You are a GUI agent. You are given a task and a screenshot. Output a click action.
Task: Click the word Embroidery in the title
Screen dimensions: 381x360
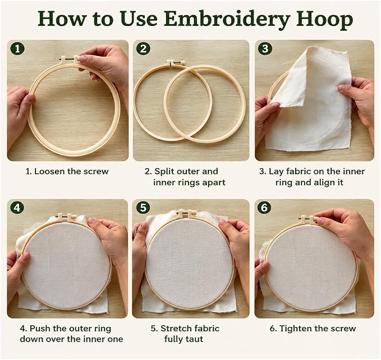(x=227, y=20)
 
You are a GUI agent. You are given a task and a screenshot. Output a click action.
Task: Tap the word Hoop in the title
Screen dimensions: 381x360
(x=325, y=20)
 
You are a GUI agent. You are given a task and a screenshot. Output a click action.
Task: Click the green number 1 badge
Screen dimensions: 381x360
(x=17, y=49)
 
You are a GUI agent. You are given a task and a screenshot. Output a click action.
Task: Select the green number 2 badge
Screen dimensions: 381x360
(x=143, y=49)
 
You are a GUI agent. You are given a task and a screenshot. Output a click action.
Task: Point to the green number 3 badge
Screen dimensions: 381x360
(x=265, y=49)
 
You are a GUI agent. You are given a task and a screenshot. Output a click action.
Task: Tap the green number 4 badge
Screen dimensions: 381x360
(x=17, y=208)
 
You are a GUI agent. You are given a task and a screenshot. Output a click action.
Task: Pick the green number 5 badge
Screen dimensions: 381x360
(x=143, y=207)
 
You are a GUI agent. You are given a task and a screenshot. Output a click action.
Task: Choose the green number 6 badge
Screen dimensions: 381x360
(x=265, y=207)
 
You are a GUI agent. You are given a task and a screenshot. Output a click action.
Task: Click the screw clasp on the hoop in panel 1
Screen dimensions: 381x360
(x=70, y=58)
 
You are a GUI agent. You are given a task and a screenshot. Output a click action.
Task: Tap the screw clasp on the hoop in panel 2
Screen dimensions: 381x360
(x=176, y=62)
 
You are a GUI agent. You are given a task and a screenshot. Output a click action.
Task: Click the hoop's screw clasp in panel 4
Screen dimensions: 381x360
(x=66, y=217)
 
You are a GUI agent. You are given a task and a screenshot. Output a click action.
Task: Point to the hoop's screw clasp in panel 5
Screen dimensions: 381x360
(x=186, y=214)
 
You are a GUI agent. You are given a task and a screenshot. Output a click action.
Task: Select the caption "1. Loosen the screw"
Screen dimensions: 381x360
(x=67, y=172)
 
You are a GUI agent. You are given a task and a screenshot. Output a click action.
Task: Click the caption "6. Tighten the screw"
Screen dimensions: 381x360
(x=313, y=329)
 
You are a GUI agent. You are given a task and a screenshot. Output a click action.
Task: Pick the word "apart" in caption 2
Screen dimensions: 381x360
(x=214, y=183)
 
